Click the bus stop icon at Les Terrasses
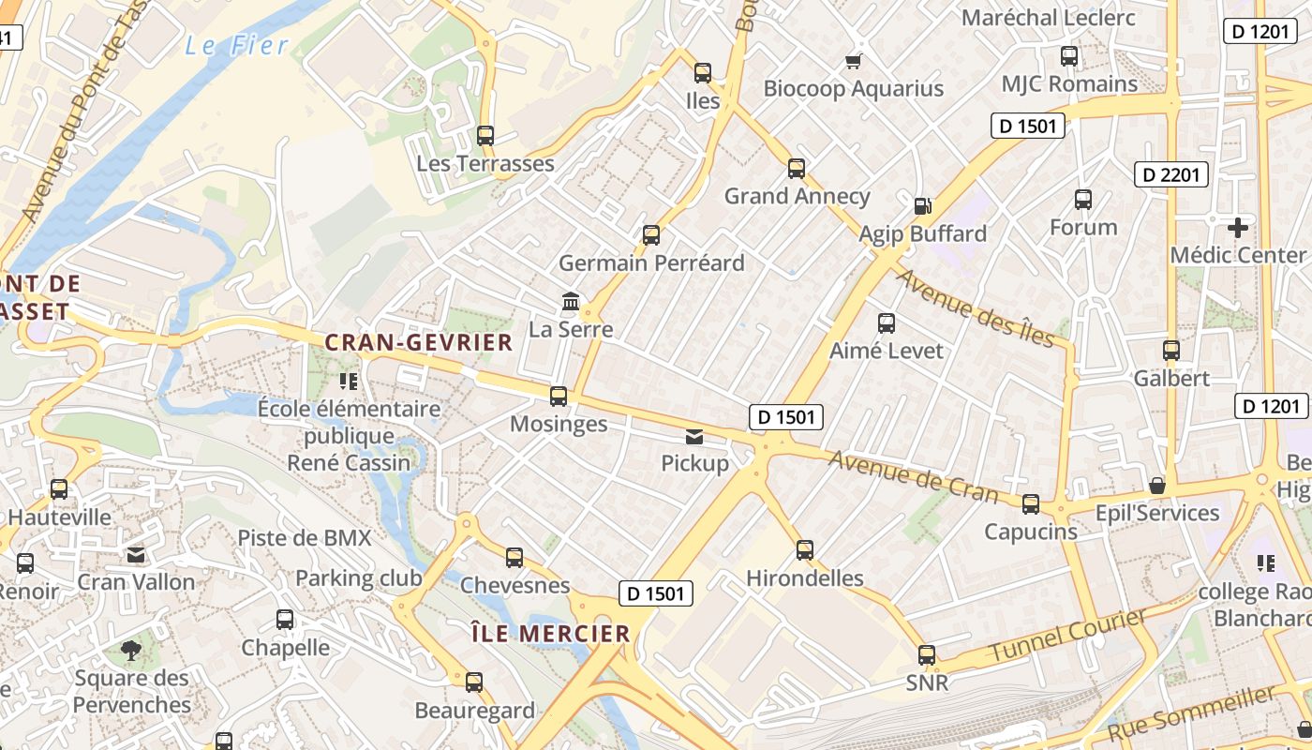click(485, 135)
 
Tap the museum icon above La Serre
click(570, 301)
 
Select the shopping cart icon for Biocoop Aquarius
click(853, 61)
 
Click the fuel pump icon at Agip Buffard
click(923, 205)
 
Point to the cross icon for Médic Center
click(1237, 227)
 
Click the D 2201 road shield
click(1171, 173)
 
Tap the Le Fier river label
click(236, 45)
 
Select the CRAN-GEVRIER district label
click(419, 342)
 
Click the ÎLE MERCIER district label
click(550, 634)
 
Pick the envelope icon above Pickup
click(694, 436)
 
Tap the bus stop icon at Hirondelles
click(804, 549)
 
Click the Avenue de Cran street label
click(914, 475)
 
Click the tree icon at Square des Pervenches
click(132, 650)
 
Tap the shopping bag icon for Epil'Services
click(1157, 486)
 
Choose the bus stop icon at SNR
click(926, 654)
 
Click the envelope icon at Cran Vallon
click(136, 554)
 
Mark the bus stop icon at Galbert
click(1170, 351)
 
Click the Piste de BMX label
click(305, 537)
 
